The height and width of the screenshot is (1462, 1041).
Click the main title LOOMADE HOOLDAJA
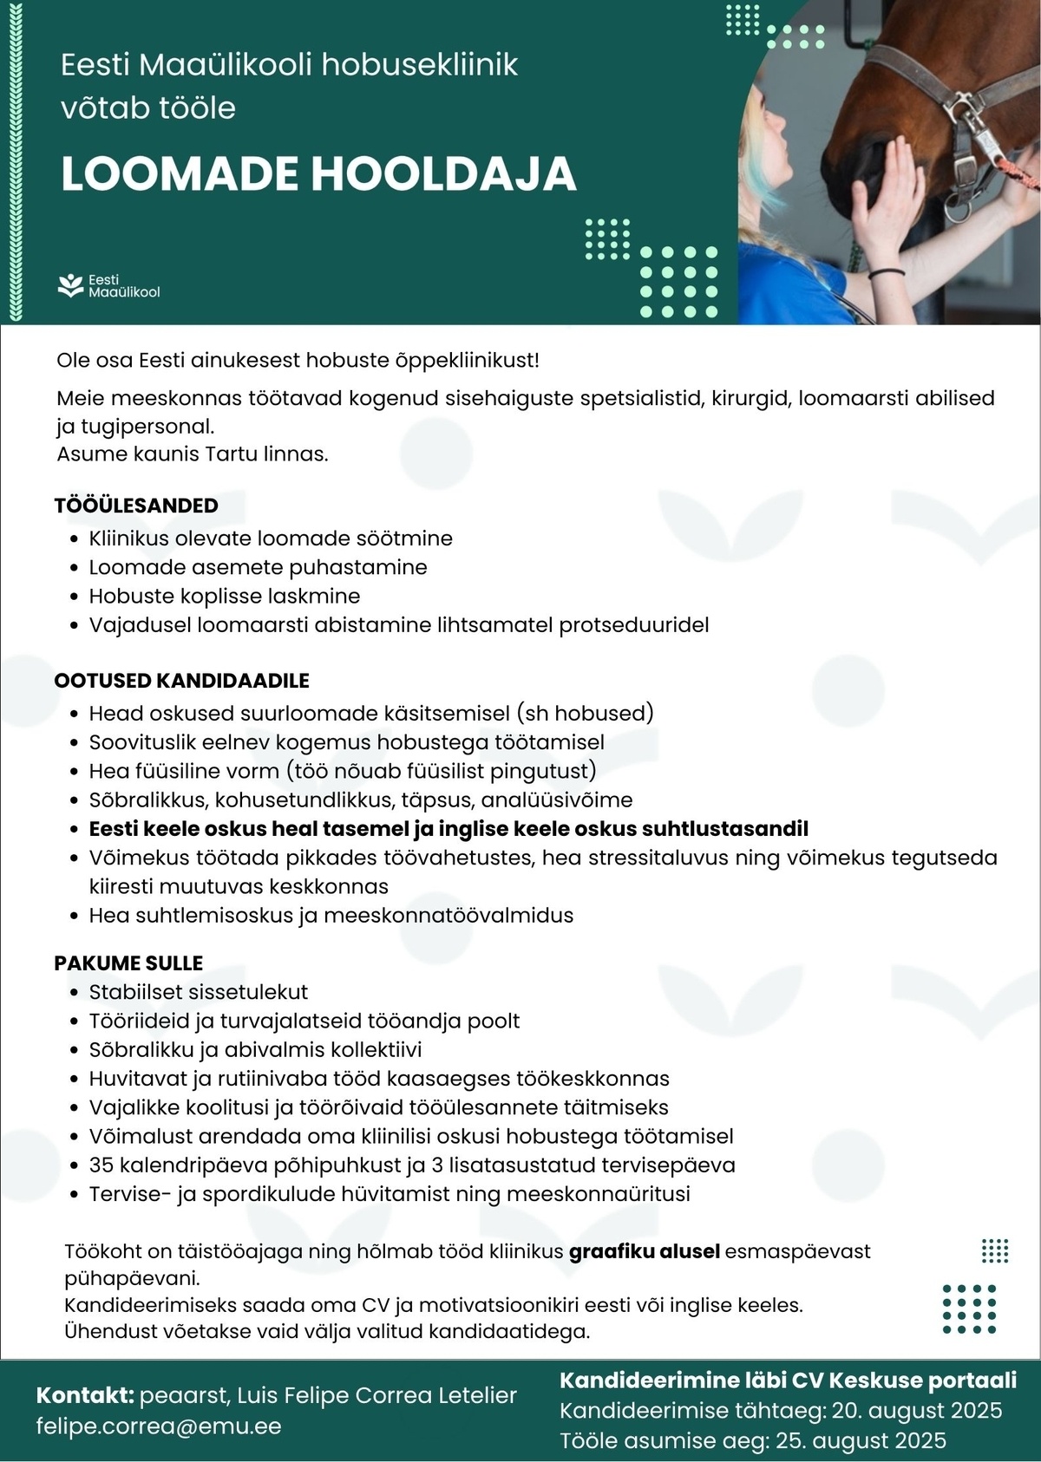[x=318, y=174]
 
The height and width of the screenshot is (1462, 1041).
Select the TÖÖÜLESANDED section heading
[x=136, y=506]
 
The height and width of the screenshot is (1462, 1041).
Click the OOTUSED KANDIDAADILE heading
[x=181, y=681]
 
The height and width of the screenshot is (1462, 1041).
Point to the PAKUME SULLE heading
[x=128, y=963]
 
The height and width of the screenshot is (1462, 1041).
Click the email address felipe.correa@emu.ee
[x=159, y=1426]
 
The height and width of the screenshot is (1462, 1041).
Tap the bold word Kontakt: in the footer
[x=85, y=1395]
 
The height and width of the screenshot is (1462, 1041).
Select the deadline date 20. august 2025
[x=917, y=1411]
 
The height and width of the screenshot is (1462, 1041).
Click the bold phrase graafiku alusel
[x=645, y=1251]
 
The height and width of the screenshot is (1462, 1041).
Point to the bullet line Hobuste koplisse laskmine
[x=224, y=597]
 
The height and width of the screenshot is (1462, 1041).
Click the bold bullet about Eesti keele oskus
[x=448, y=829]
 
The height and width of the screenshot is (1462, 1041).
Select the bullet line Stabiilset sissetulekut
[x=198, y=992]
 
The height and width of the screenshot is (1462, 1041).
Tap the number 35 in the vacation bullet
[x=101, y=1165]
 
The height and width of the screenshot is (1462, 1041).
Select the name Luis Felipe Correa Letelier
[x=376, y=1395]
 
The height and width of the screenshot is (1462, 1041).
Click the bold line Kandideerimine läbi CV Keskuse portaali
[x=788, y=1380]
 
